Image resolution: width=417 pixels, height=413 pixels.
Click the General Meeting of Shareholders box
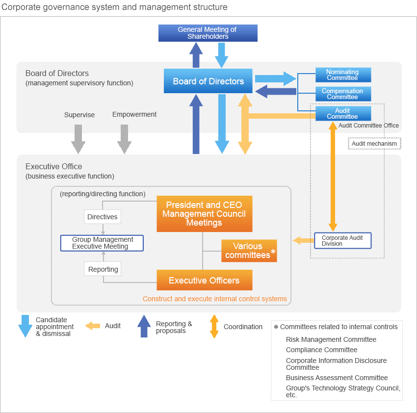208,33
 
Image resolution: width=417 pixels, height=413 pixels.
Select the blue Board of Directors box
208,81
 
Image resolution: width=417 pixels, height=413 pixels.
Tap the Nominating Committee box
342,75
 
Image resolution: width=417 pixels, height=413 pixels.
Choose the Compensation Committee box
342,94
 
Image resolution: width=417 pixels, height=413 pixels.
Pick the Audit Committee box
342,113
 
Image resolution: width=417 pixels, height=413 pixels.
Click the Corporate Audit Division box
342,240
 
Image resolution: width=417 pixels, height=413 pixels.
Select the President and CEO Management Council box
204,214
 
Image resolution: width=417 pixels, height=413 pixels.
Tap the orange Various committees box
249,251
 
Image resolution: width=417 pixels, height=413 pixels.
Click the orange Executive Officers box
204,280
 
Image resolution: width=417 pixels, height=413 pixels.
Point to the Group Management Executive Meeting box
102,243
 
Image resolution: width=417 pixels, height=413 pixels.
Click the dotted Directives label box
102,217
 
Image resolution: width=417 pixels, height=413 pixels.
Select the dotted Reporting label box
103,269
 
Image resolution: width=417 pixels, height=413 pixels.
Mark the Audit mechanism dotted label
374,143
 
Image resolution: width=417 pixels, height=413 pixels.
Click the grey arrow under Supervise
78,139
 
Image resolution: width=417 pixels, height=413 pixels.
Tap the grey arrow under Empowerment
124,139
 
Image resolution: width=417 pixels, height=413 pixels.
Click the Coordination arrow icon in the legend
214,326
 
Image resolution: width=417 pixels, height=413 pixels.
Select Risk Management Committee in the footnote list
331,339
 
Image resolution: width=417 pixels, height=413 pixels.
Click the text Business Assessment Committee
337,378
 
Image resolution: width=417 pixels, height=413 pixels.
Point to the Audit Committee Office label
368,126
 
